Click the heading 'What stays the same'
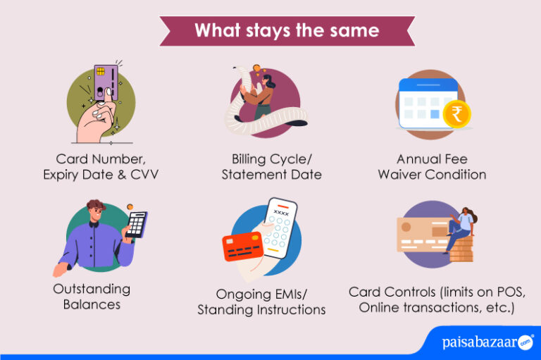click(x=287, y=30)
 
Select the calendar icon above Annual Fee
click(x=427, y=102)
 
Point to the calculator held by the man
click(x=136, y=224)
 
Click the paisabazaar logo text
click(x=480, y=343)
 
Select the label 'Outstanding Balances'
click(x=92, y=297)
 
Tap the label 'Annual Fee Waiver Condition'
click(x=431, y=166)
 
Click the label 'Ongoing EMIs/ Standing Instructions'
click(x=261, y=302)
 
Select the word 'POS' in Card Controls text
click(x=509, y=292)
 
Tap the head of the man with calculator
click(x=96, y=212)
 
